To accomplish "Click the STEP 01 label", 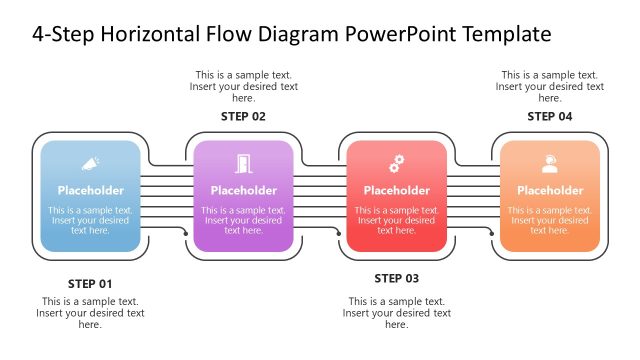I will point(90,283).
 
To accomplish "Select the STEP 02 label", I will point(243,117).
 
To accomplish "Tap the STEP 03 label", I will point(396,278).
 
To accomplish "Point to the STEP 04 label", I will point(550,117).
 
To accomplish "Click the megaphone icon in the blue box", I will point(90,162).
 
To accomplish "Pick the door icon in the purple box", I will point(243,163).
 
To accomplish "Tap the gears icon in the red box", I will point(397,162).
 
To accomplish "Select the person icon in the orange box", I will point(550,163).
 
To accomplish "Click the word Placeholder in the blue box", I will point(90,190).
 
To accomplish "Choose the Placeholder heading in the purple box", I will point(243,190).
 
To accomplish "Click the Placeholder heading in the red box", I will point(397,190).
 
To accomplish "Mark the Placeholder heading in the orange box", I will point(550,190).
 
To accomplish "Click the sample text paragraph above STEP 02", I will point(243,86).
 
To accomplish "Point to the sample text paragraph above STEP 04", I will point(550,86).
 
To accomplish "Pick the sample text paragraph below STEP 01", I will point(90,312).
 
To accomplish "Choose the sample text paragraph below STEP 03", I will point(396,312).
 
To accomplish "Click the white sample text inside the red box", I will point(397,220).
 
